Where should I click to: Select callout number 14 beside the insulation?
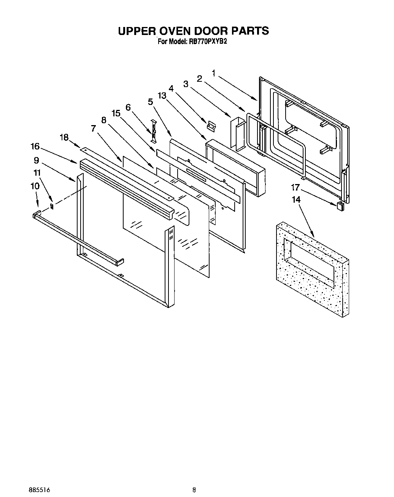(x=296, y=200)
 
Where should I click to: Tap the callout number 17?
(x=295, y=188)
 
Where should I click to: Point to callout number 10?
(x=35, y=186)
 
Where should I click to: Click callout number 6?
(x=128, y=108)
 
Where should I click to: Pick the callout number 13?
(x=162, y=96)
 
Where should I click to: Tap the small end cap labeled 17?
(x=340, y=206)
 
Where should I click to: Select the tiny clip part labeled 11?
(x=52, y=206)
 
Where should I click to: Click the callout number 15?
(x=116, y=113)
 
